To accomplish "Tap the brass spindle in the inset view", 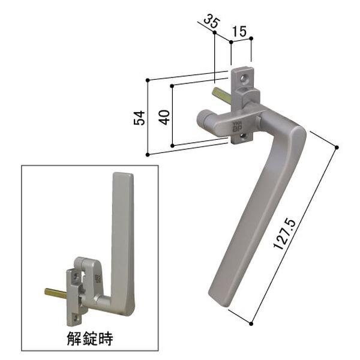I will pyautogui.click(x=56, y=292).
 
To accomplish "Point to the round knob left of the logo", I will pyautogui.click(x=204, y=118).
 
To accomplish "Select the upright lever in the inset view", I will pyautogui.click(x=122, y=240).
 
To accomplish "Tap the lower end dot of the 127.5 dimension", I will pyautogui.click(x=252, y=324).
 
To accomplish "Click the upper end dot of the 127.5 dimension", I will pyautogui.click(x=337, y=147).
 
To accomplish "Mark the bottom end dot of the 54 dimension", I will pyautogui.click(x=148, y=154).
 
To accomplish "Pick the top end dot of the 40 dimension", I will pyautogui.click(x=173, y=86).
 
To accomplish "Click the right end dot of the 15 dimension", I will pyautogui.click(x=251, y=39).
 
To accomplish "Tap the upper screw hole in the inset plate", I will pyautogui.click(x=75, y=277).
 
